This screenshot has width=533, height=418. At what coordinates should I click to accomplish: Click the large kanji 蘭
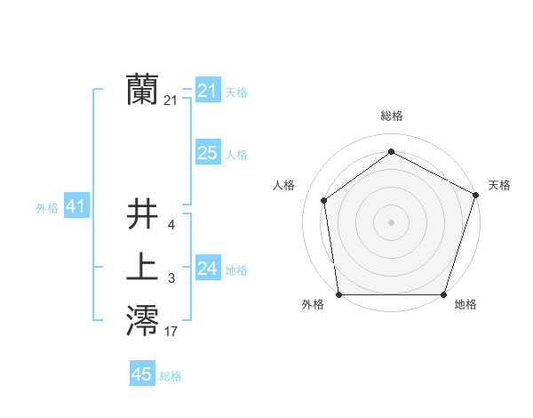(x=142, y=90)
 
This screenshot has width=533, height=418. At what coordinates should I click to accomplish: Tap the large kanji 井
(x=142, y=214)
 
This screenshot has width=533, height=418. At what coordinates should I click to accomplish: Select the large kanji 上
(x=142, y=268)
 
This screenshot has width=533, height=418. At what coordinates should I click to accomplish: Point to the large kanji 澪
(x=142, y=321)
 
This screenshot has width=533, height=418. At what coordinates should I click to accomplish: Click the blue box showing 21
(x=208, y=91)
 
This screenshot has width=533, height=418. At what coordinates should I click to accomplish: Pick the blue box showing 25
(x=208, y=153)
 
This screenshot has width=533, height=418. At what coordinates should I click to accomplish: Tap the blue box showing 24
(x=208, y=269)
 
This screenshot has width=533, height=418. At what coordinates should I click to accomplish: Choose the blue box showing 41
(x=76, y=206)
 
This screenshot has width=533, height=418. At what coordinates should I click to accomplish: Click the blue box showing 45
(x=142, y=374)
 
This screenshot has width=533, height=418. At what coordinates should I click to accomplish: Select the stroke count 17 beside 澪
(x=171, y=333)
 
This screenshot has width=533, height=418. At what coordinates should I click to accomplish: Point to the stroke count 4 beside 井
(x=171, y=226)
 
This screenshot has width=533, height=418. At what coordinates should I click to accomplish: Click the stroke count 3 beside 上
(x=171, y=279)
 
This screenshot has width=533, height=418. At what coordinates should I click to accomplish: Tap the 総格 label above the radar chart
(x=392, y=116)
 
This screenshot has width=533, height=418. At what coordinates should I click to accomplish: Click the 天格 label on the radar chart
(x=499, y=185)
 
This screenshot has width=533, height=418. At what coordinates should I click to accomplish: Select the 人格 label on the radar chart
(x=283, y=185)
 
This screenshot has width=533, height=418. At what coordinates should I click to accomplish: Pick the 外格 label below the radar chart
(x=313, y=305)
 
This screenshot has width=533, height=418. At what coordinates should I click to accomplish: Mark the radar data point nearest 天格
(x=476, y=195)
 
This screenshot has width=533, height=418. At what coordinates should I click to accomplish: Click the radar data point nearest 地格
(x=443, y=294)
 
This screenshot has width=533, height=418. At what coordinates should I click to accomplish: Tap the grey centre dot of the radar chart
(x=392, y=221)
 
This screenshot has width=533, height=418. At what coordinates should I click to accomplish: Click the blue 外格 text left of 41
(x=47, y=208)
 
